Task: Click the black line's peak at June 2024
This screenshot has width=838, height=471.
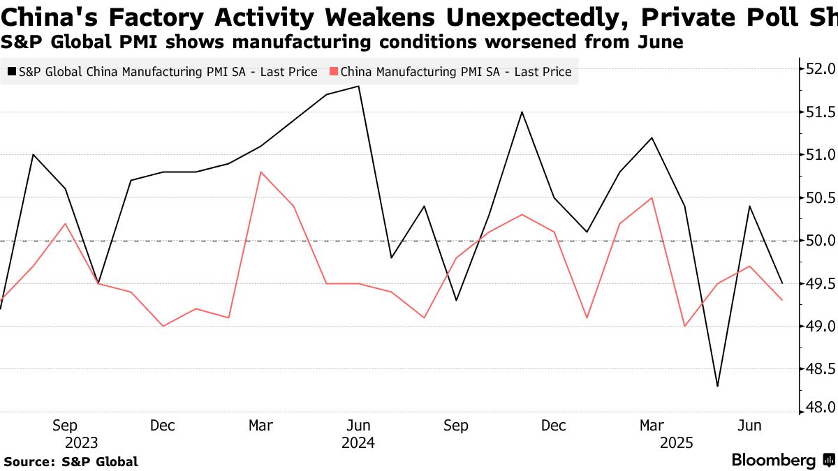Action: (x=358, y=87)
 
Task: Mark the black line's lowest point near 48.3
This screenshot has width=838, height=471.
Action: (x=717, y=386)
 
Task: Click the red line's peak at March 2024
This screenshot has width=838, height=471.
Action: (x=260, y=172)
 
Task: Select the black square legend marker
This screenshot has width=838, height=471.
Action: (x=12, y=72)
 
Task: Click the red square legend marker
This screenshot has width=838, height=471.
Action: (x=333, y=72)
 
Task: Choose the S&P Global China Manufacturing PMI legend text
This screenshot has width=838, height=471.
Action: (x=168, y=72)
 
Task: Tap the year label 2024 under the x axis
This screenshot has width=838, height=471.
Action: (x=358, y=443)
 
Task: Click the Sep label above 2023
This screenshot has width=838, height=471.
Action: (x=65, y=426)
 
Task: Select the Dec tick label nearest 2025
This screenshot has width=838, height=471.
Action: (x=554, y=426)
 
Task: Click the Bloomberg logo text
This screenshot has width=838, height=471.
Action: (x=773, y=461)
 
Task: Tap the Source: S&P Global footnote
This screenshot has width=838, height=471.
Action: (x=71, y=461)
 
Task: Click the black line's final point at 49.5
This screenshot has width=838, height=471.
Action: (x=782, y=283)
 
